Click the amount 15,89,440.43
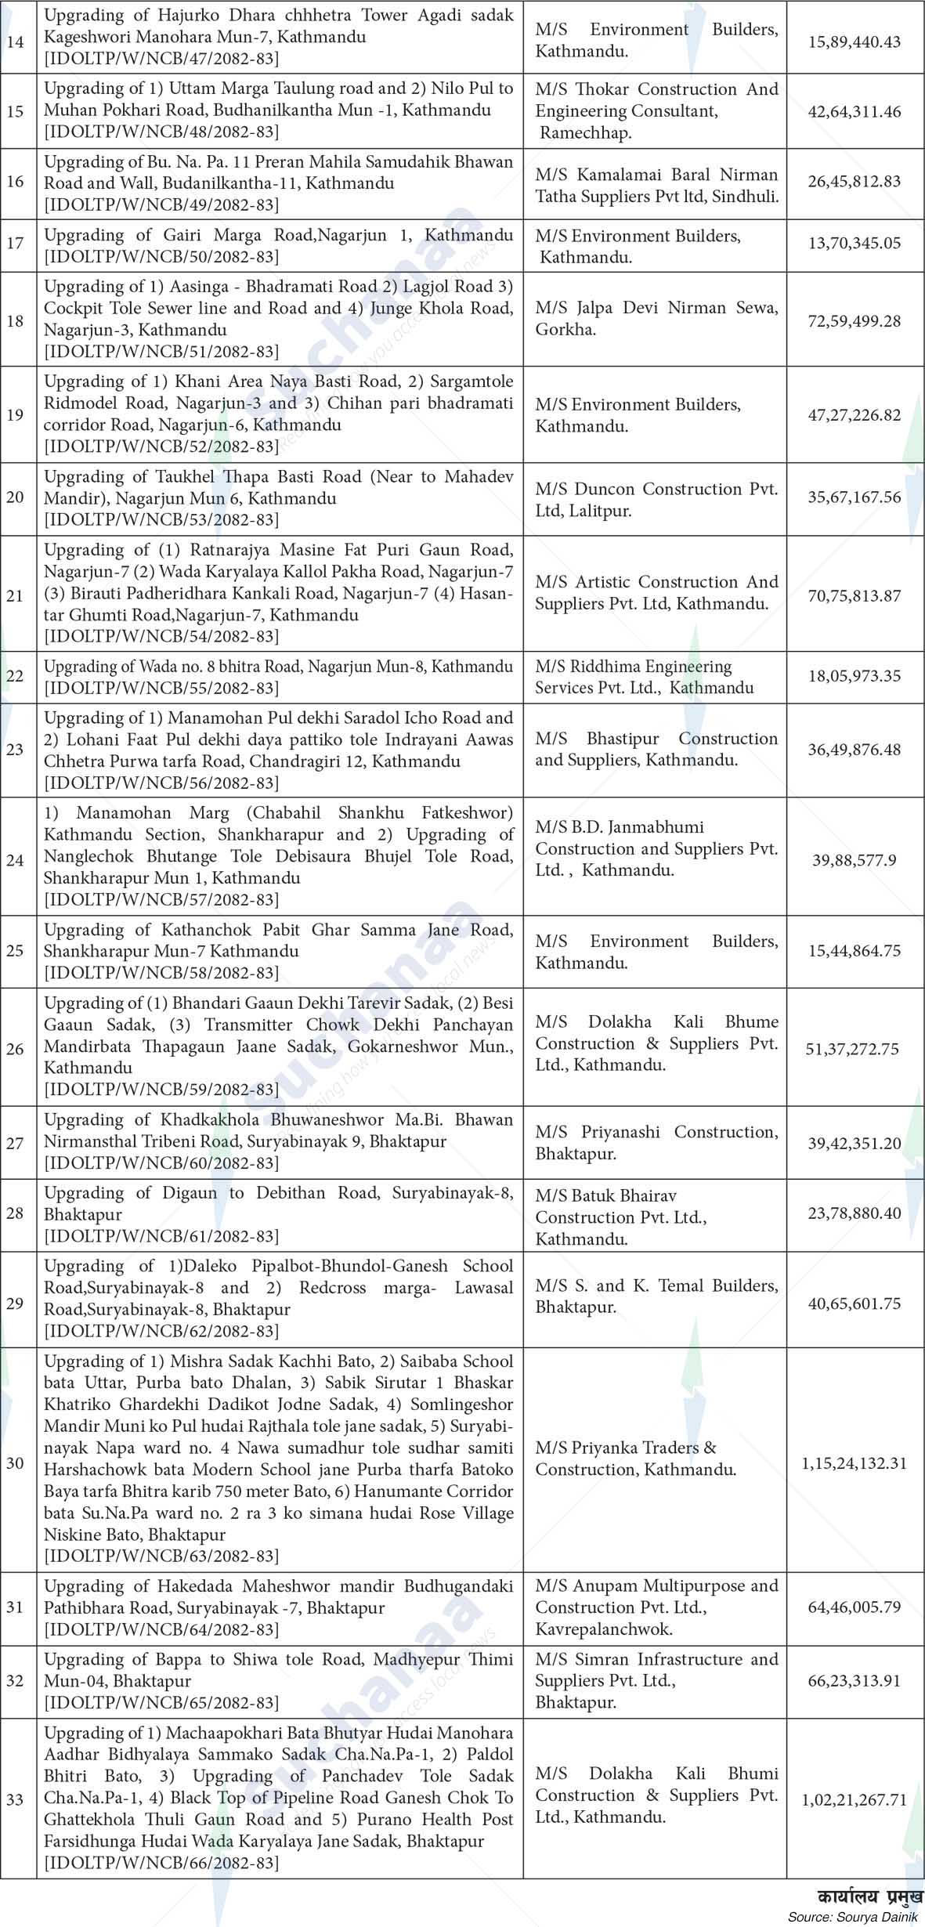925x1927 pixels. pos(855,42)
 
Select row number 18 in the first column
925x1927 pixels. pos(15,320)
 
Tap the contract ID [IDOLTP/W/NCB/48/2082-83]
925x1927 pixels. pos(161,132)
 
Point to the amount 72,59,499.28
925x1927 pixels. pos(855,320)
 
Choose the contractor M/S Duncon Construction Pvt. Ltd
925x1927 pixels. pos(656,500)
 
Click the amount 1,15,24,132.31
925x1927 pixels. pos(855,1462)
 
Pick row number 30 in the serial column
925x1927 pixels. pos(15,1462)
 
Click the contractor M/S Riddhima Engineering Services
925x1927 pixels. pos(645,677)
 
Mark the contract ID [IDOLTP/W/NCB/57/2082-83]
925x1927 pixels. pos(161,899)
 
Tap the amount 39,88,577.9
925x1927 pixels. pos(855,860)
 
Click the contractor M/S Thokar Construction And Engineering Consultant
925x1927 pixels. pos(656,110)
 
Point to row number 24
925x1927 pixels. pos(15,860)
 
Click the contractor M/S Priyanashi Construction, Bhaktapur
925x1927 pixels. pos(656,1142)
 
